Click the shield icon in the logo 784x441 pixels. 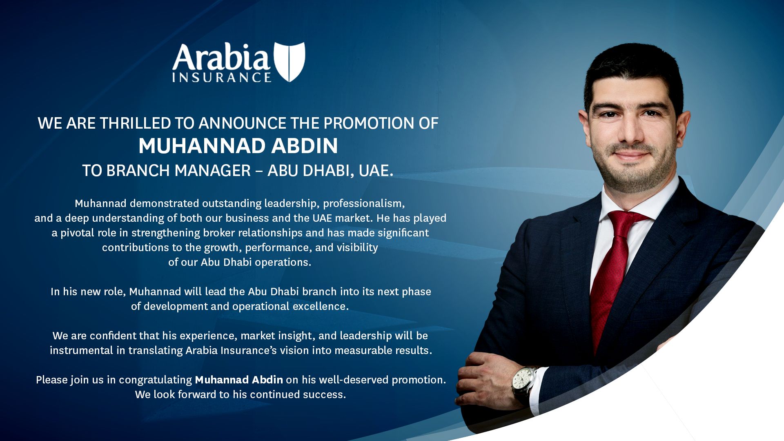click(x=290, y=62)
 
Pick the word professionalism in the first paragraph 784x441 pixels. click(x=364, y=203)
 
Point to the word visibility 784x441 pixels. click(x=357, y=248)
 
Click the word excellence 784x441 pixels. click(x=321, y=306)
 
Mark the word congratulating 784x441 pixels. click(x=155, y=380)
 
